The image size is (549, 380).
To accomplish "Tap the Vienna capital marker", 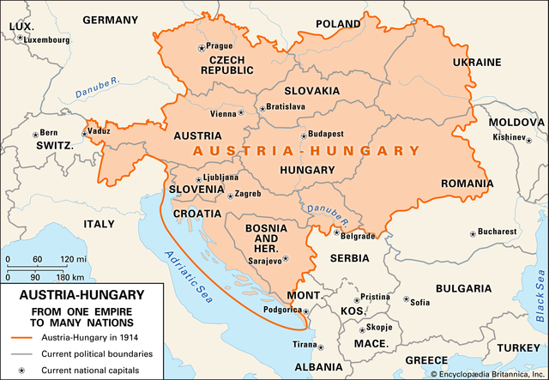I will (241, 112).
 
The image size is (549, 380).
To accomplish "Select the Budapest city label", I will (327, 134).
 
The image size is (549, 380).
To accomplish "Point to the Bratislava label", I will (286, 106).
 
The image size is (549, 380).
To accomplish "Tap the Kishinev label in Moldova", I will (508, 136).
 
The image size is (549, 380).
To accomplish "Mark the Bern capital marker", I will (35, 134).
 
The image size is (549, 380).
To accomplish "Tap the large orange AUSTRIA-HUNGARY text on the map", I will (306, 151).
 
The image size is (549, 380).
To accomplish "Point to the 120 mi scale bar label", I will (88, 259).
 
